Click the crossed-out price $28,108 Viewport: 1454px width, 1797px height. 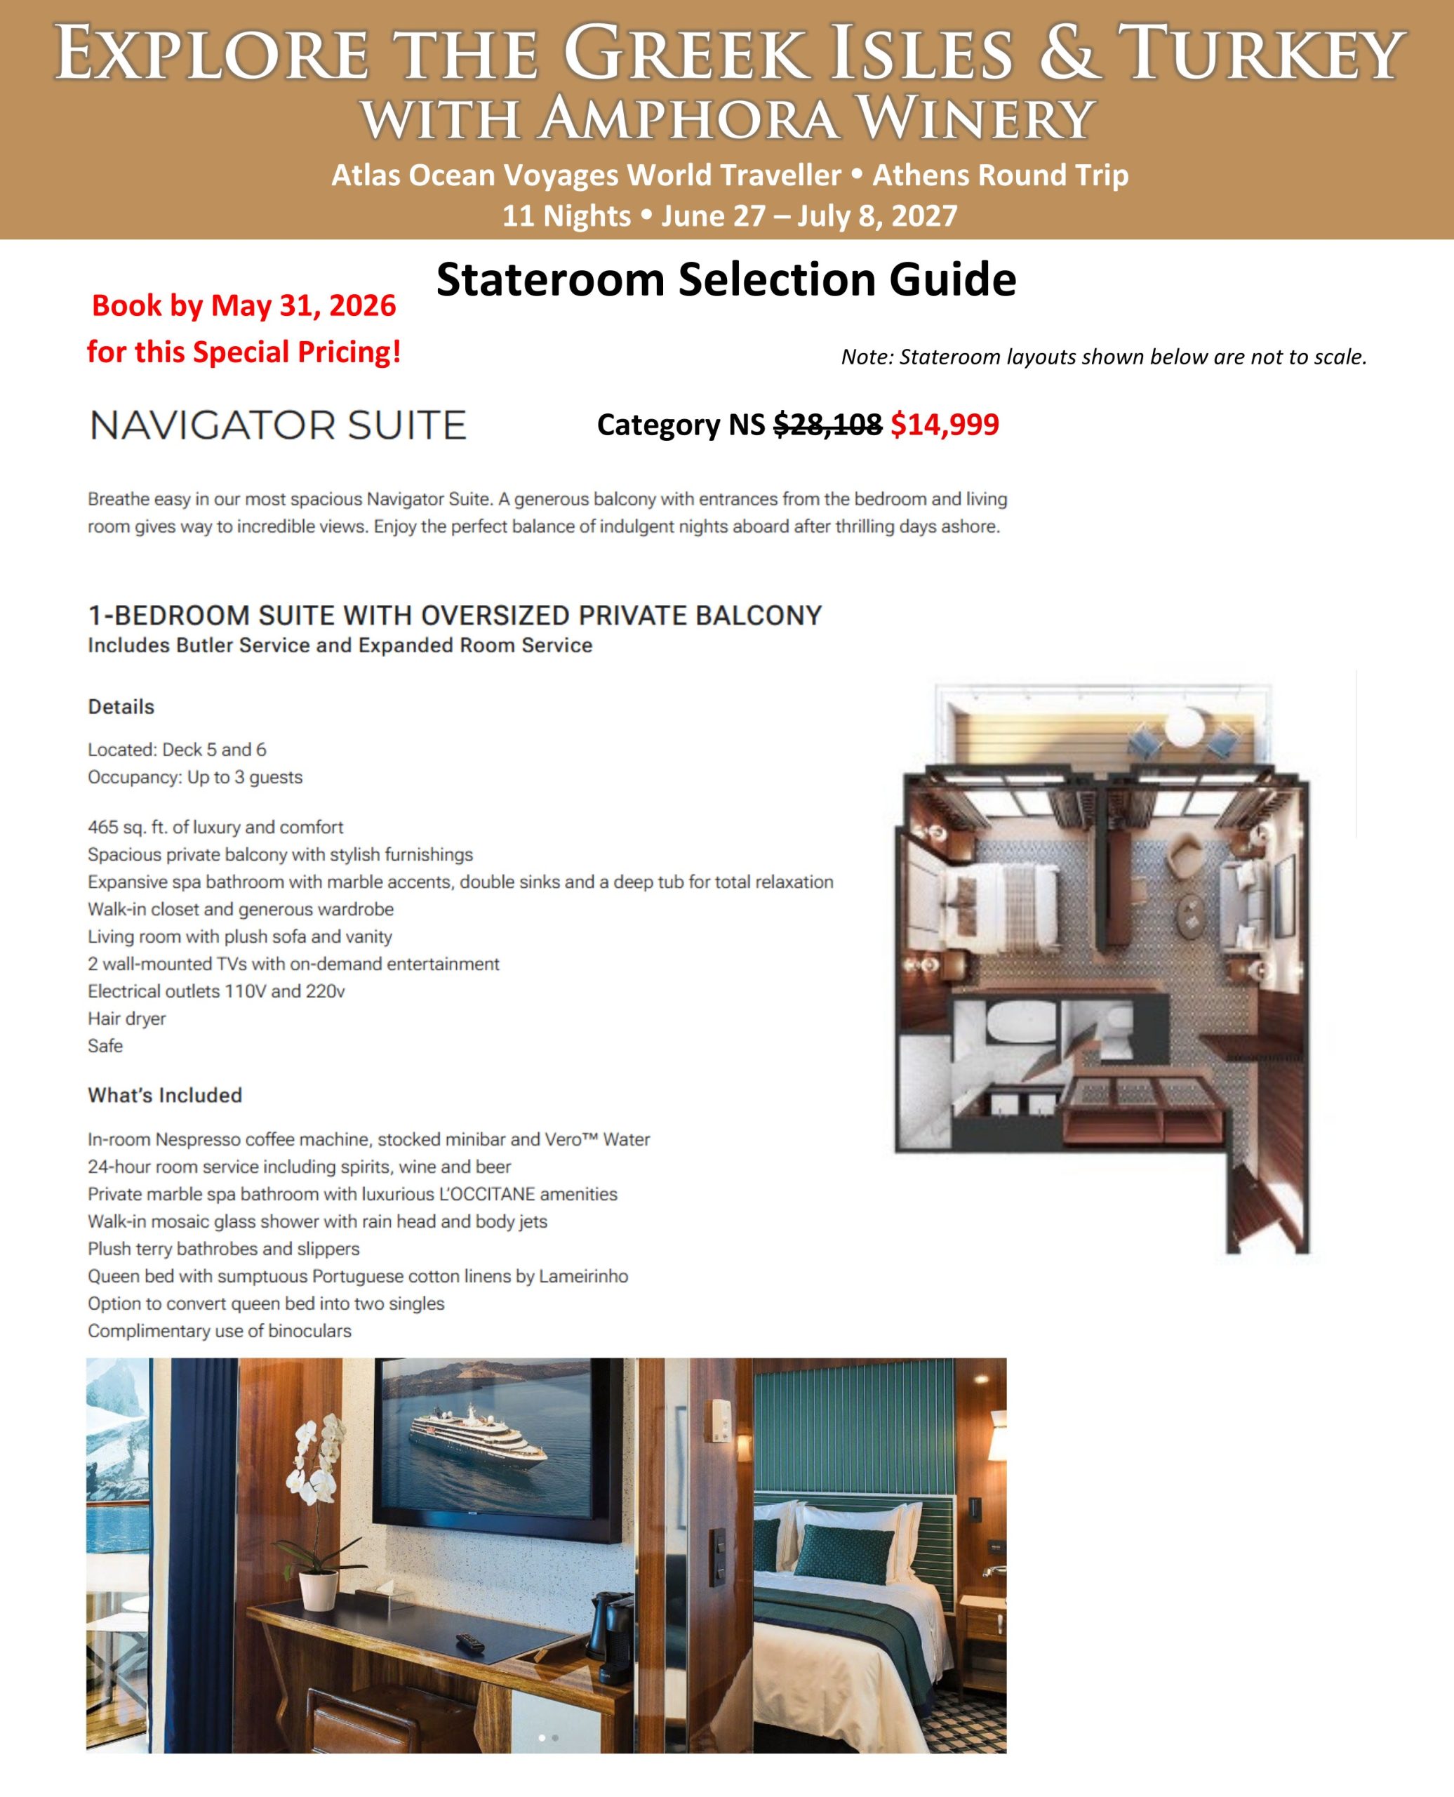click(827, 425)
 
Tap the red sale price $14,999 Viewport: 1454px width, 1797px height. click(944, 425)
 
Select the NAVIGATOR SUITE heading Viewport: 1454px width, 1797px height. click(277, 425)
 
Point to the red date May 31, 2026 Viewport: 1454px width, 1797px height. click(303, 306)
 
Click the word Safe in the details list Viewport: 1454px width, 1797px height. click(105, 1045)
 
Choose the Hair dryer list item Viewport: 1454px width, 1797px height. click(126, 1018)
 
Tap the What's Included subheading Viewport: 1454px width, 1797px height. click(165, 1095)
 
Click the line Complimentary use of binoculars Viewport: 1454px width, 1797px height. click(220, 1330)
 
